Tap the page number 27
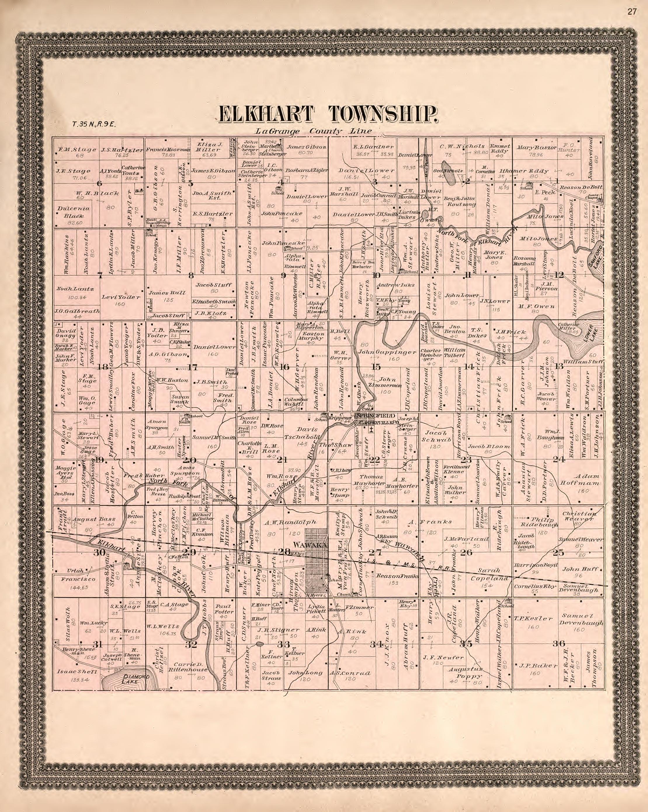click(632, 12)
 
